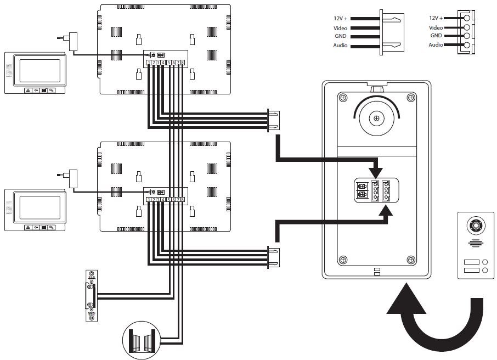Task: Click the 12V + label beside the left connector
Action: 341,19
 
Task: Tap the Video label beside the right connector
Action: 436,27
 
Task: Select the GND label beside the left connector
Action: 340,36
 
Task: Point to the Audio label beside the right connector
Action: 436,45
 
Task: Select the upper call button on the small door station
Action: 472,262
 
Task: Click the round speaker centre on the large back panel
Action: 376,117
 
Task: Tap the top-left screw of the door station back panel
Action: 343,98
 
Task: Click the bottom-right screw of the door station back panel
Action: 410,259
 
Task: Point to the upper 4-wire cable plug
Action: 273,121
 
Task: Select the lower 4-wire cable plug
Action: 273,257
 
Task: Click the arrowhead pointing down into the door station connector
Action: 376,166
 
